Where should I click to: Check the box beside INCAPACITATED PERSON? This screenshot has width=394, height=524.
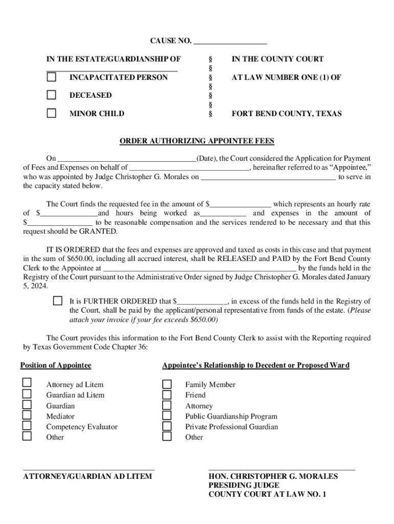coord(52,77)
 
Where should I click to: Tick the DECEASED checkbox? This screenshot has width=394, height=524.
coord(52,95)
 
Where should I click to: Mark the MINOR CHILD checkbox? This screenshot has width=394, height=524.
coord(52,114)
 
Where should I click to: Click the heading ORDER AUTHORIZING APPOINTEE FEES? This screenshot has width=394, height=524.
coord(197,141)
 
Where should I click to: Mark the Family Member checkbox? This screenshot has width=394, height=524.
coord(167,384)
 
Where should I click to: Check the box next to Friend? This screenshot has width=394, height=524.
coord(167,395)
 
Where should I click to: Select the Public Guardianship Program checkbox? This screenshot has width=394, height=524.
coord(167,416)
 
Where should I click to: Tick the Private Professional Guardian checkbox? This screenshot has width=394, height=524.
coord(167,426)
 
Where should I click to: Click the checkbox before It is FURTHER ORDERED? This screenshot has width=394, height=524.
coord(58,301)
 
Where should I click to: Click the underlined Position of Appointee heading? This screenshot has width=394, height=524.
coord(56,365)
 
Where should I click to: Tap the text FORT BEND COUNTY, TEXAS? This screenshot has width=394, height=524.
coord(286,114)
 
